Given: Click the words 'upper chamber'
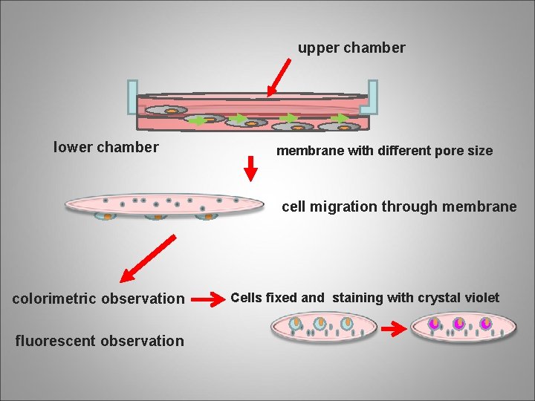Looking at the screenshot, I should [351, 48].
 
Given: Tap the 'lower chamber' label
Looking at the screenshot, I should [106, 147].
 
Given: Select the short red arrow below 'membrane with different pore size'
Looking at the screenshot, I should [251, 171].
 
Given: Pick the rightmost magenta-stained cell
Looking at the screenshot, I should [485, 324].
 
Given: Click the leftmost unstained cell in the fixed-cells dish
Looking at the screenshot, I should [295, 324].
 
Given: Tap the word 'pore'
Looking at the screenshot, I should [435, 151].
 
